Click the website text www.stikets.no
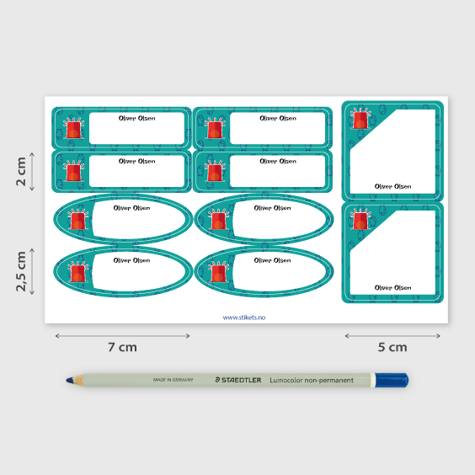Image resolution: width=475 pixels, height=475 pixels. point(243,318)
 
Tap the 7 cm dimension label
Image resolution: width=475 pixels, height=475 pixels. point(122,346)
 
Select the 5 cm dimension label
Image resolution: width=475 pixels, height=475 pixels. point(392,346)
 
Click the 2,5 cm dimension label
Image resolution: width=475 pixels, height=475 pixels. point(21,270)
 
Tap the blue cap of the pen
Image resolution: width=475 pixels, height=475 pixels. point(392,381)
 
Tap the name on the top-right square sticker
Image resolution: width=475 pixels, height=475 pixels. point(392,186)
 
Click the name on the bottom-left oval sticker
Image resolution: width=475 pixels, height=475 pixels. point(131,260)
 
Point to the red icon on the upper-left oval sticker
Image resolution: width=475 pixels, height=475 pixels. point(77,221)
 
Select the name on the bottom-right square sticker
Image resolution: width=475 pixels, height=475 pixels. point(392,288)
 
